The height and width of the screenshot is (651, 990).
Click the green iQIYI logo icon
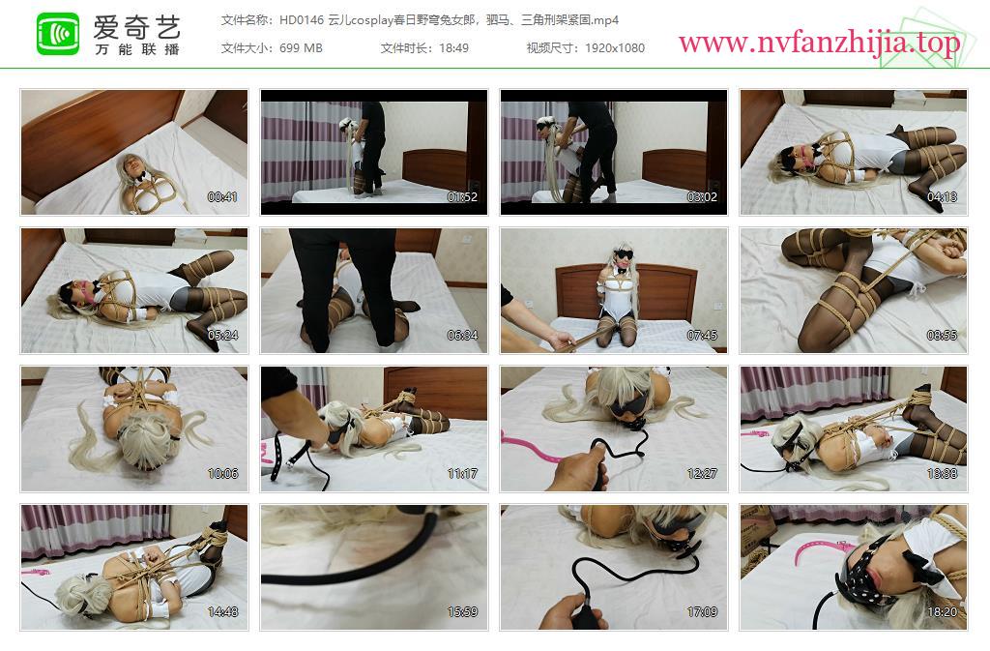click(58, 34)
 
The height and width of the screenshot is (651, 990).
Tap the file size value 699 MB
click(301, 48)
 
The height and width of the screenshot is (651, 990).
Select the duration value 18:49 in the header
click(454, 48)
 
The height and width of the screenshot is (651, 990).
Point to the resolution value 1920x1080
click(614, 48)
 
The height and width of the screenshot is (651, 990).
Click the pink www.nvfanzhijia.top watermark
click(820, 43)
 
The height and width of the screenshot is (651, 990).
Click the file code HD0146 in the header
click(302, 20)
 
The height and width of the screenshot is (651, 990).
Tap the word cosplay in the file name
click(372, 20)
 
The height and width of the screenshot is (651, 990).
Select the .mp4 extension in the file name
click(605, 20)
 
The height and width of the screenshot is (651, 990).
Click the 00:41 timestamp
click(222, 197)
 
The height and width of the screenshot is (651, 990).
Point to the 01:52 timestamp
click(462, 197)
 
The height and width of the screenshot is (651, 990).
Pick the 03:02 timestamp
click(702, 197)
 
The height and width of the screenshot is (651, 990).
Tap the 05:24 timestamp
click(222, 336)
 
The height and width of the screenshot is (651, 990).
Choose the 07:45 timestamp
click(702, 336)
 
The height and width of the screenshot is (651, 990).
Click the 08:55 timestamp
click(942, 336)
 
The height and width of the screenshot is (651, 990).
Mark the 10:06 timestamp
click(222, 474)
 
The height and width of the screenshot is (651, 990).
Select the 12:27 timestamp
click(702, 474)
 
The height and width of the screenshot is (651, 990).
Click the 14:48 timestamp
click(222, 612)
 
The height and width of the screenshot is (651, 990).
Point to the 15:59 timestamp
click(462, 612)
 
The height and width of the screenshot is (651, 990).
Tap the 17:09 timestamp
click(702, 612)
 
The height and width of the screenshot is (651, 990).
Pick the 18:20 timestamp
click(942, 612)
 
